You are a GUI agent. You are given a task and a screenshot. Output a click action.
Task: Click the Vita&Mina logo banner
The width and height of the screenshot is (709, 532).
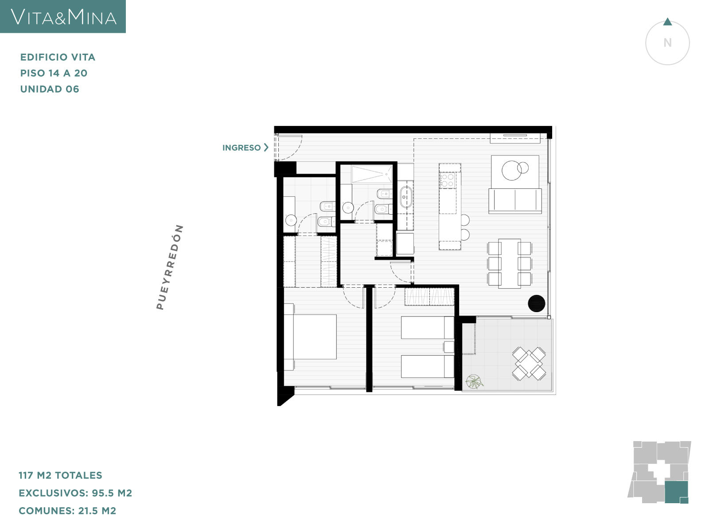point(62,16)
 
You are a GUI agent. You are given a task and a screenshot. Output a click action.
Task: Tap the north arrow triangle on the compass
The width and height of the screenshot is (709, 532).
point(667,22)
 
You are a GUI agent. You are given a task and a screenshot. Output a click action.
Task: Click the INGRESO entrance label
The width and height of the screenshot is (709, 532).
point(242,148)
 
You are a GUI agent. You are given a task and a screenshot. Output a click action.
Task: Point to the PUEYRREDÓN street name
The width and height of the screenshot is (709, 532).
point(170,267)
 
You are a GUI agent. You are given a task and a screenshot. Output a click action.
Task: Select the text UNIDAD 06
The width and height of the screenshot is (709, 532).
point(50,89)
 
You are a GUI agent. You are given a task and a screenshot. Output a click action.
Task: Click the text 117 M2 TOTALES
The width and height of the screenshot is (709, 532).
point(60,475)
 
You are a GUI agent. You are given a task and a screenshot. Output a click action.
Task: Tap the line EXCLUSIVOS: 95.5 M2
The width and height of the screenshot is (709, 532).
point(75,493)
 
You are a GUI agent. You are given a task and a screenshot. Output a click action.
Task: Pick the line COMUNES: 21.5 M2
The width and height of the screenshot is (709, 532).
point(67,511)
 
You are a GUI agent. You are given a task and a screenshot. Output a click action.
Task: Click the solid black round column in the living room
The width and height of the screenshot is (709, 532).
point(537,303)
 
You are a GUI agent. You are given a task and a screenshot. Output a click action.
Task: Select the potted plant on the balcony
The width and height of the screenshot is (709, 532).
point(474,381)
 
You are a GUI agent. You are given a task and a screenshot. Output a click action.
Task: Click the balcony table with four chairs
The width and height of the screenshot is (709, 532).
point(529,364)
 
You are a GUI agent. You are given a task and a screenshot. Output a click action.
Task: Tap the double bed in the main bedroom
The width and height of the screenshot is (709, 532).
point(310,336)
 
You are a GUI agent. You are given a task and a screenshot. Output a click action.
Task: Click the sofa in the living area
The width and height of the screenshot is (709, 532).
point(515,201)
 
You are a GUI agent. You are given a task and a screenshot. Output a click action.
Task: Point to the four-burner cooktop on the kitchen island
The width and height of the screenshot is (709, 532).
point(448,180)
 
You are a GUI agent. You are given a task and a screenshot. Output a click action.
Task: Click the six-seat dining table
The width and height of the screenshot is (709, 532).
point(510,263)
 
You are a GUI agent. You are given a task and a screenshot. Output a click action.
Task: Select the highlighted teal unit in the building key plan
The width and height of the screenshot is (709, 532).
point(676,492)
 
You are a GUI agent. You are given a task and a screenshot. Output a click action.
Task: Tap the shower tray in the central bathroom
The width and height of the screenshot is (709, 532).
point(372,174)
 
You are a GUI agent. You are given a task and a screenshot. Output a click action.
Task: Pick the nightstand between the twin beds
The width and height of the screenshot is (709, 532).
point(448,347)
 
